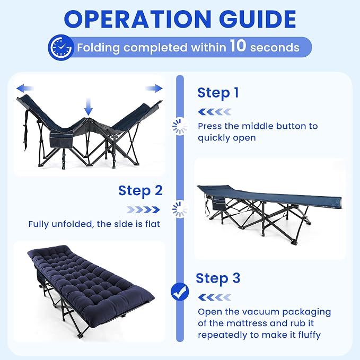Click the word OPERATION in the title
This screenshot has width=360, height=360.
[137, 19]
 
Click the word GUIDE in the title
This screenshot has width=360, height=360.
[258, 19]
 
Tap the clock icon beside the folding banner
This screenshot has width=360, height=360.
[61, 47]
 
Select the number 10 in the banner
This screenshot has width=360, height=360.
[238, 46]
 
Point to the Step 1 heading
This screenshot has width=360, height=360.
[218, 93]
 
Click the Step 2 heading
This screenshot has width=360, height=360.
[141, 191]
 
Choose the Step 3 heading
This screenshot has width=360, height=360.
[218, 278]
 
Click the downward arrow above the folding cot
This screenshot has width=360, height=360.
[88, 107]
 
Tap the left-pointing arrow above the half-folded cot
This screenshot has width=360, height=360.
[25, 88]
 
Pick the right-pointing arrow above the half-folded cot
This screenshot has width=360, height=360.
[154, 88]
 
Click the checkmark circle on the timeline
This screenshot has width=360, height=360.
[180, 292]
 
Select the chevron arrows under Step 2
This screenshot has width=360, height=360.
[143, 209]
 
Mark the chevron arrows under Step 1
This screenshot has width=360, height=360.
[215, 112]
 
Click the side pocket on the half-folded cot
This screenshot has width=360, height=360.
[62, 140]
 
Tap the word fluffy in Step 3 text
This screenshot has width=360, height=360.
[309, 335]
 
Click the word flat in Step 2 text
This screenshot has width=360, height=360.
[153, 224]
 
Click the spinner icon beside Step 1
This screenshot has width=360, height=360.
[180, 126]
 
